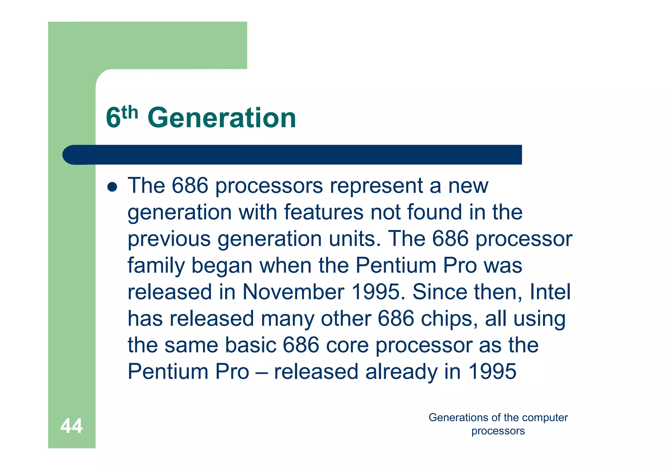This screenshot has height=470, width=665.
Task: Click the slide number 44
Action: [71, 426]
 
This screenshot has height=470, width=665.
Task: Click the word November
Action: [293, 292]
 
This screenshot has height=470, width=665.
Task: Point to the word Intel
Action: [550, 292]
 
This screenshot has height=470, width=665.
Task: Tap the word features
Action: [324, 212]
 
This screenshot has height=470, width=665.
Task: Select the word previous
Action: [169, 239]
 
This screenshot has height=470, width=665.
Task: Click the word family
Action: [156, 266]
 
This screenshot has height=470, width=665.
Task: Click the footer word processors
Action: [498, 431]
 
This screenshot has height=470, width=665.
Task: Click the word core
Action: [347, 345]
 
